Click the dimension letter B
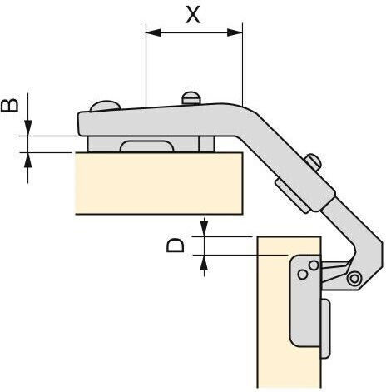[x=10, y=106]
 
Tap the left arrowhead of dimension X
[x=153, y=32]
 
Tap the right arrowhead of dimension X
[x=235, y=32]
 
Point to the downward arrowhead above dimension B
[x=27, y=128]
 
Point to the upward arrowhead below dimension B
[x=27, y=160]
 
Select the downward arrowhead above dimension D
[x=204, y=229]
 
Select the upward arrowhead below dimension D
[x=204, y=263]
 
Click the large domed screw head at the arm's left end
[x=105, y=106]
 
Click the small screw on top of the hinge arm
[x=191, y=98]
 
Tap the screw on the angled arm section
[x=314, y=161]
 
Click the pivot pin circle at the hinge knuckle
[x=354, y=279]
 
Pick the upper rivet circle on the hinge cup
[x=314, y=265]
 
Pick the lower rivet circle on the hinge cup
[x=302, y=275]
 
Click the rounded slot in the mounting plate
[x=146, y=146]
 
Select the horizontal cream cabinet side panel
[x=159, y=183]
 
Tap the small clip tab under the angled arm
[x=292, y=196]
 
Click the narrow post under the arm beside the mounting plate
[x=206, y=144]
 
